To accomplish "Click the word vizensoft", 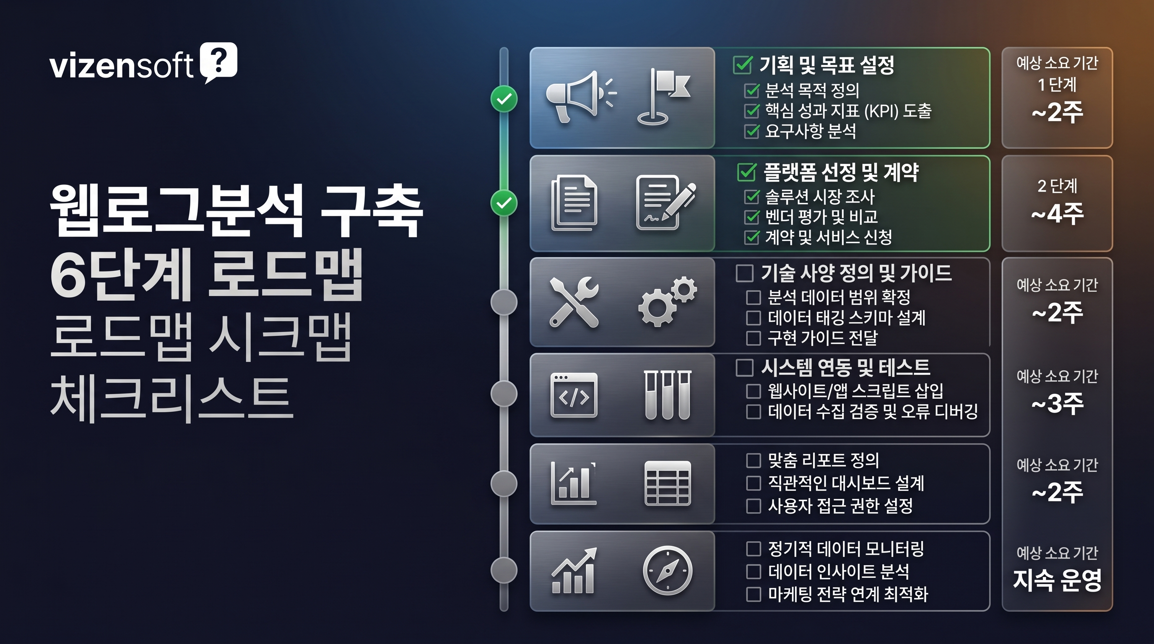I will pos(121,66).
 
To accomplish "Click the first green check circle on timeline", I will pos(504,99).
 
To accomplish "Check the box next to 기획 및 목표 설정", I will pos(742,65).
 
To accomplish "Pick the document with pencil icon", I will pos(664,203).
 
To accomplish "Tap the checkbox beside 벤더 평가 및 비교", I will pos(752,217).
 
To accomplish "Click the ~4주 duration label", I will pos(1057,214).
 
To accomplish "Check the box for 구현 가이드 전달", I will pos(753,338).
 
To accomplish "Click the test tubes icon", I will pos(667,395).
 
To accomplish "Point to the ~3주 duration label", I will pos(1057,403).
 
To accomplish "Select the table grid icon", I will pos(667,484).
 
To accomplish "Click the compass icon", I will pos(667,571).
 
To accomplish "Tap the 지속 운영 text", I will pos(1057,580).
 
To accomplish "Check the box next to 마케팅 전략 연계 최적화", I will pos(753,594).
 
